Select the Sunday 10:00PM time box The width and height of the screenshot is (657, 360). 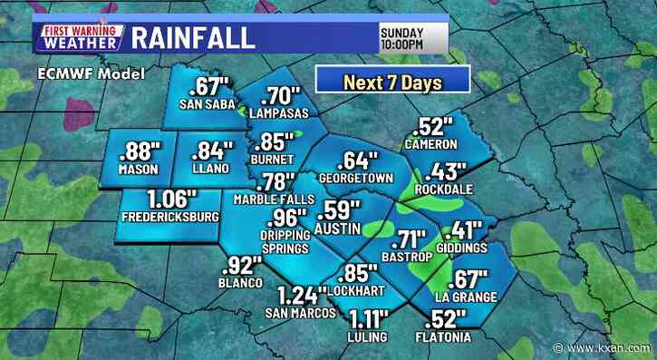(413, 36)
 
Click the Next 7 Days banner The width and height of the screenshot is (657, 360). (391, 81)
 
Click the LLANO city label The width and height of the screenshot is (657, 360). (207, 170)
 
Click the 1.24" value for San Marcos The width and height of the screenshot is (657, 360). (304, 297)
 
